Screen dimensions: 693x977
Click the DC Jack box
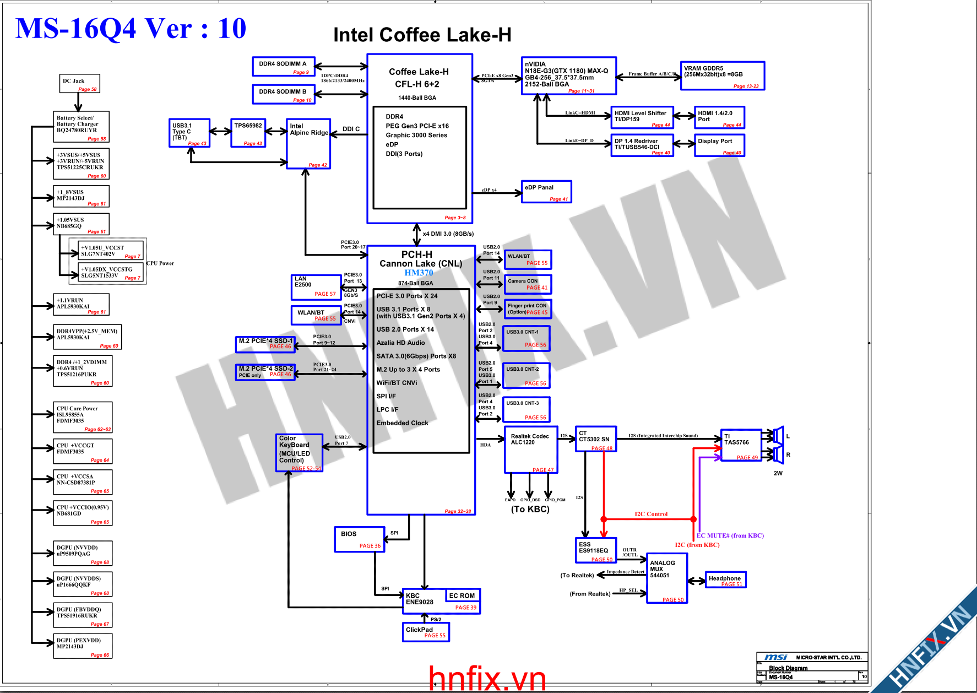click(79, 84)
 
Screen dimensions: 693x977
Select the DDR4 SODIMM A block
click(283, 66)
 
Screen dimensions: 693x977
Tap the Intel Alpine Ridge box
click(308, 143)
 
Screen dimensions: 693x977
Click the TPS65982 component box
click(248, 133)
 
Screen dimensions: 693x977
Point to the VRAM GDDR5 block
click(722, 75)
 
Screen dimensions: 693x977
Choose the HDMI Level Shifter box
click(642, 117)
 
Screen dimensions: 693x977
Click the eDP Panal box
click(546, 192)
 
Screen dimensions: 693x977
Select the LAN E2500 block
click(316, 287)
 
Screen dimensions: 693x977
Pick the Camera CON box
click(527, 284)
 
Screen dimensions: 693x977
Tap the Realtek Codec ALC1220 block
click(530, 450)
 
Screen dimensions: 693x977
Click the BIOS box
click(359, 539)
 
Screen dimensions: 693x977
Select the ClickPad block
click(426, 632)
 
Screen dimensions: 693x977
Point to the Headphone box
click(725, 580)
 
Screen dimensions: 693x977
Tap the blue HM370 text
click(419, 273)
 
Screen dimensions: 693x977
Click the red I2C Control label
click(650, 514)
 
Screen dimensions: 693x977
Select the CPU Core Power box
click(83, 417)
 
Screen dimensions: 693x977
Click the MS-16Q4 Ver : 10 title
click(131, 29)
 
